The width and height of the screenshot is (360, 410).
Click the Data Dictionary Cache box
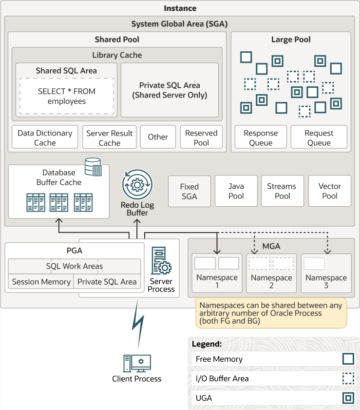pos(45,137)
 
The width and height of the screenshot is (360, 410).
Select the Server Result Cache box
pos(110,137)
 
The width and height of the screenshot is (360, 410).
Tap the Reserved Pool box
pos(201,137)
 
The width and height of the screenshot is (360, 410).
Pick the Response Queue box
pos(261,137)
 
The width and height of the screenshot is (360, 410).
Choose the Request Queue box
pos(319,137)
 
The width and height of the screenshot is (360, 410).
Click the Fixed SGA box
pos(189,191)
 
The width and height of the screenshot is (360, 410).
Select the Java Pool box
pos(236,191)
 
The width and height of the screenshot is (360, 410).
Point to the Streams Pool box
pos(283,191)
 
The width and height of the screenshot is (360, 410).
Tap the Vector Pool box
pos(330,191)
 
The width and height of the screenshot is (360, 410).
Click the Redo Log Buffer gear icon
pos(137,185)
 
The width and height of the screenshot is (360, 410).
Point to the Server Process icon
pos(161,260)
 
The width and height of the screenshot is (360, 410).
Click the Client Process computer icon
pos(137,363)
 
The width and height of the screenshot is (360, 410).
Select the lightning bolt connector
pos(138,324)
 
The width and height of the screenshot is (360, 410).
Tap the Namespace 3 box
pos(326,273)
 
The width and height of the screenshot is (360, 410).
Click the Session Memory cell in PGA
pos(41,282)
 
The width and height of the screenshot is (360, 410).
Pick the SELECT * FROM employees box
pos(67,96)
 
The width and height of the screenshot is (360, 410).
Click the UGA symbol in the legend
pos(348,398)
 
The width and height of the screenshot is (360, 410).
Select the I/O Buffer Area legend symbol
pos(348,378)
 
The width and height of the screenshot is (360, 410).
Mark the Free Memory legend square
pos(348,359)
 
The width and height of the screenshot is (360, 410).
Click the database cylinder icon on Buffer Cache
pos(93,167)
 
